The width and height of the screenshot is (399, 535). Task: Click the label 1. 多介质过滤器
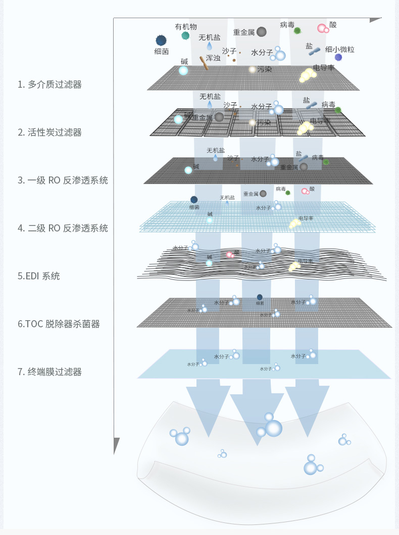coord(49,84)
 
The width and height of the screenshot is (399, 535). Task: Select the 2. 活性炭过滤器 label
coord(49,132)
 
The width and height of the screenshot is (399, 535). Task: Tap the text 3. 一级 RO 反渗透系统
coord(63,180)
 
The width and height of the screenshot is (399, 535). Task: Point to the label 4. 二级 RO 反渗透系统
coord(63,228)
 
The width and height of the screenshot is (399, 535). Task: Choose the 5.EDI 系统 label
coord(38,276)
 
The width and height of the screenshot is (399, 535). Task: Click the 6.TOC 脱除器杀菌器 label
coord(59,324)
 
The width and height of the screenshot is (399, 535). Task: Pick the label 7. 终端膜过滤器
coord(49,372)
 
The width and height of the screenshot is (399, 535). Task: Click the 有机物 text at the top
coord(186,27)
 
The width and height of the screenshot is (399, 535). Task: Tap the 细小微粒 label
coord(339,49)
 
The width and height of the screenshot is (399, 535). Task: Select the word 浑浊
coord(213,58)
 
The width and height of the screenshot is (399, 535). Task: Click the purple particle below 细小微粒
coord(338,57)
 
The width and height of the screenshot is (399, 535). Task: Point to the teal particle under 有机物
coord(185,36)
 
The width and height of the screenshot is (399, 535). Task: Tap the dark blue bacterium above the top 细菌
coord(161,40)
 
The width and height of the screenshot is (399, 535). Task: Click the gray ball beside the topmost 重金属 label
coord(261,32)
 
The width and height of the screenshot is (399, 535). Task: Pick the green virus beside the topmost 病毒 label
coord(297,31)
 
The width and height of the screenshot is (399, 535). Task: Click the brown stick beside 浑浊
coord(204,63)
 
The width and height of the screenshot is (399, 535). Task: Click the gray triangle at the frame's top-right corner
coord(375,20)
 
